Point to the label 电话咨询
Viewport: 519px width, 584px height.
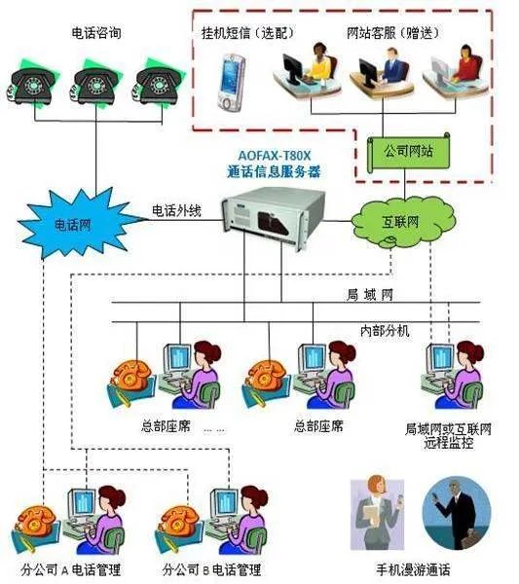(95, 33)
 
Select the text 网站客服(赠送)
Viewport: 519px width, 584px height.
(389, 33)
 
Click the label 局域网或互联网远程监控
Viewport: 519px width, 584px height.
(448, 434)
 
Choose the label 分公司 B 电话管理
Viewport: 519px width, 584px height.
(211, 567)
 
